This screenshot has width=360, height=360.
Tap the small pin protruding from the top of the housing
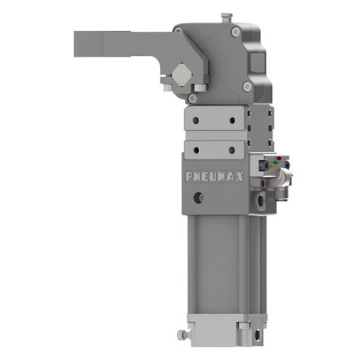click(x=226, y=16)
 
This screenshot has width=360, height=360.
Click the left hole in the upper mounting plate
click(x=196, y=120)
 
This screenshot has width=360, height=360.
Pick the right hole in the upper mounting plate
click(x=232, y=120)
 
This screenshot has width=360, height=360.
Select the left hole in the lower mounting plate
click(x=196, y=148)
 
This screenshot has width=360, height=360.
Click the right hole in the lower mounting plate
click(x=232, y=148)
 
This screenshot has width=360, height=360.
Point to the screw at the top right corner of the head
click(x=236, y=32)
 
